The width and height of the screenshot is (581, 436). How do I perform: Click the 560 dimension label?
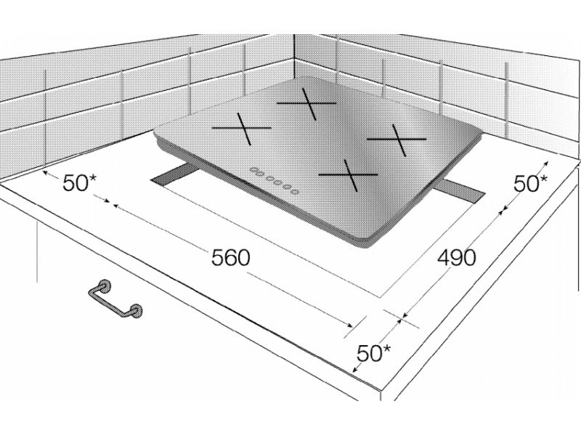(x=231, y=257)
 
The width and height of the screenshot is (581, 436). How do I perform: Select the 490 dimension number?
(x=456, y=257)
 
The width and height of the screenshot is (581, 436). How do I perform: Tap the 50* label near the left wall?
(x=79, y=182)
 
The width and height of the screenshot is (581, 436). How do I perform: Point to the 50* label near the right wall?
(x=531, y=183)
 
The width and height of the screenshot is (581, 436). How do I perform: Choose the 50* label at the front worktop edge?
(x=373, y=353)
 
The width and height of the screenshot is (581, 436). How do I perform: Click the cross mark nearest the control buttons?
(x=349, y=174)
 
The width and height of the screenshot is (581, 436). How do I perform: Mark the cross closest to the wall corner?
(x=306, y=103)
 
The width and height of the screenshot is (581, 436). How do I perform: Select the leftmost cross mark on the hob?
(x=242, y=129)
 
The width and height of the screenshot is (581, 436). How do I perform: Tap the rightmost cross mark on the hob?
(x=397, y=140)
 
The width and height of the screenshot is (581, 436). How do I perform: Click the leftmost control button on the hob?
(x=253, y=170)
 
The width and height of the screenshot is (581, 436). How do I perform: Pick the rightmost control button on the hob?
(x=295, y=192)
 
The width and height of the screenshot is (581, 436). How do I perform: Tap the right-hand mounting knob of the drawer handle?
(x=137, y=311)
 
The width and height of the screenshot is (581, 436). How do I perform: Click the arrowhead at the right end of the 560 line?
(x=350, y=325)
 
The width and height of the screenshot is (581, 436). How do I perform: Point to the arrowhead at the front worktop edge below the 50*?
(x=355, y=369)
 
